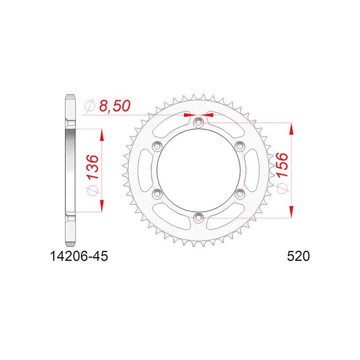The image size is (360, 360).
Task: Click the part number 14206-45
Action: coord(79,256)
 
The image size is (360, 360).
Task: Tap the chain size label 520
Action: coord(298,256)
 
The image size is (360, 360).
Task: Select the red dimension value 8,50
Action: coord(115,106)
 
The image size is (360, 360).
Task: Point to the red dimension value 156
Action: coord(282,165)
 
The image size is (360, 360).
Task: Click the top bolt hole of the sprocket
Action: coord(198,122)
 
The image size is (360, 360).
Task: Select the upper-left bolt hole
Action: coord(157,146)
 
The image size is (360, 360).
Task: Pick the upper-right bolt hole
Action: coord(240,146)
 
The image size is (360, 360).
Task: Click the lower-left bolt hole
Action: coord(157,194)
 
